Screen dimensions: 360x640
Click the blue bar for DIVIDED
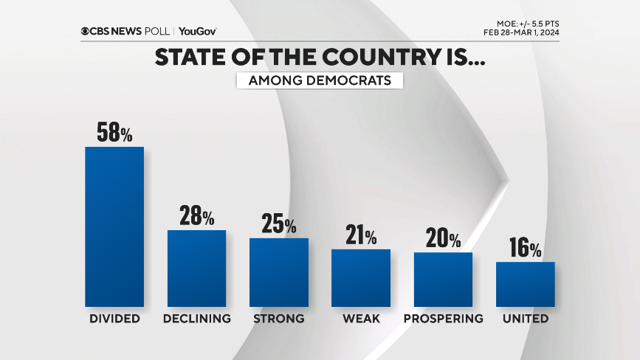click(x=114, y=226)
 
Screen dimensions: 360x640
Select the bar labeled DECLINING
click(x=196, y=268)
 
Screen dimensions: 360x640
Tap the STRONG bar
click(x=278, y=271)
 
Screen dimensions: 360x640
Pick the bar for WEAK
click(x=360, y=277)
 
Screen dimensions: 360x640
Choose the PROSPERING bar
click(x=443, y=279)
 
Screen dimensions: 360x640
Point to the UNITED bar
click(x=525, y=284)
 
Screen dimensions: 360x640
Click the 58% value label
click(x=114, y=133)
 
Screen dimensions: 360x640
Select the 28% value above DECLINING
click(x=196, y=216)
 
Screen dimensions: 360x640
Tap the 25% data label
click(x=278, y=224)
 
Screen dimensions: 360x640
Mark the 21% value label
click(x=360, y=236)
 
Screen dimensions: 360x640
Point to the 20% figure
click(x=443, y=239)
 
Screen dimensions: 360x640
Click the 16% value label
click(x=525, y=249)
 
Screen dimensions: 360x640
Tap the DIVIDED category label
click(x=114, y=319)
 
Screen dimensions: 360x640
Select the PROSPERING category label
click(x=443, y=319)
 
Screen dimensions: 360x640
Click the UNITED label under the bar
click(x=525, y=319)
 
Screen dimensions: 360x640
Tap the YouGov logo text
click(x=198, y=31)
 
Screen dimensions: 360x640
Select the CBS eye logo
click(x=86, y=31)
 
